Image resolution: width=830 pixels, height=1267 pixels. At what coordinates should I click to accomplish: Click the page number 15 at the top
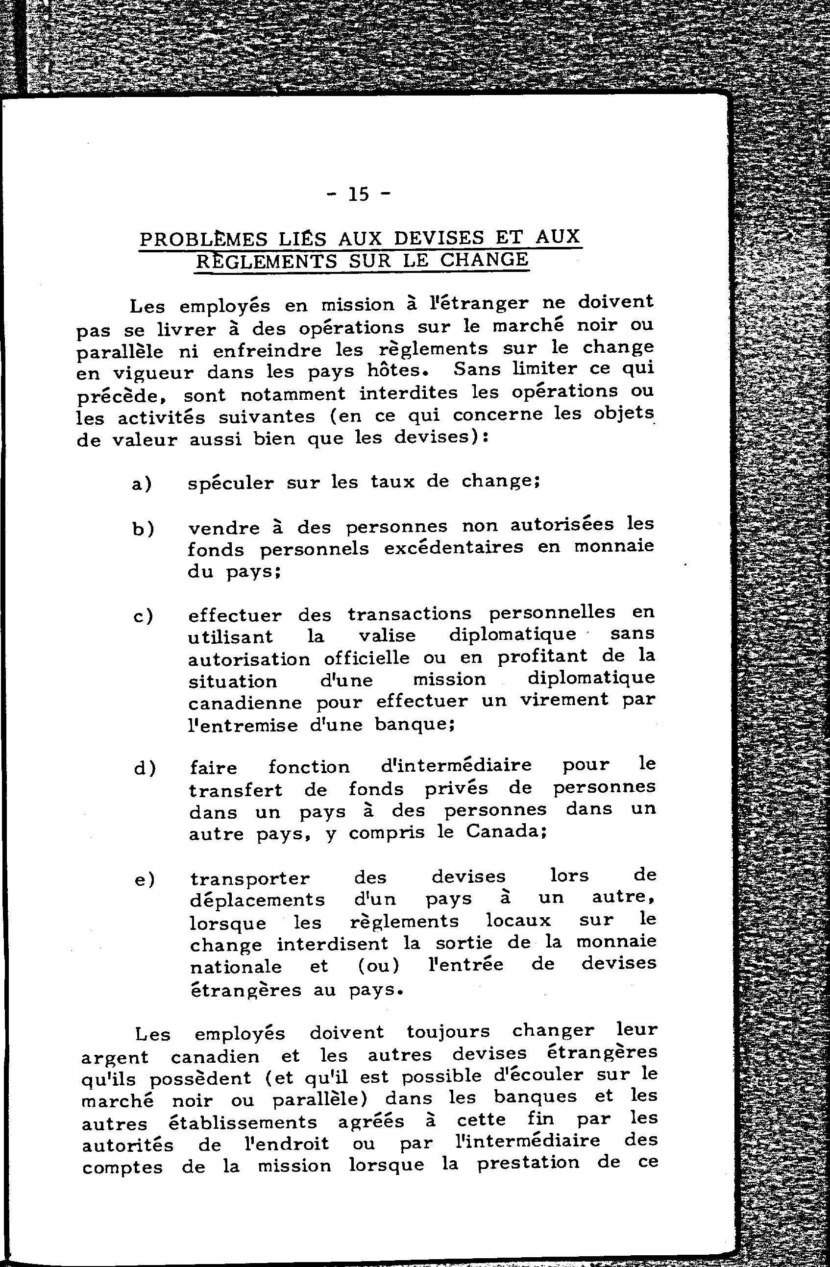point(358,195)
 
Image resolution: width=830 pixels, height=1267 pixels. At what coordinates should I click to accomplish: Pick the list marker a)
point(142,484)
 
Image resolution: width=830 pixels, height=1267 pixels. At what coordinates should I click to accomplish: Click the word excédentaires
point(454,548)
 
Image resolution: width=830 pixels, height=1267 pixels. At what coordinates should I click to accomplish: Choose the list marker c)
point(143,616)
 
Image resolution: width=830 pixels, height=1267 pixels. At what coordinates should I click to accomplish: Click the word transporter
point(250,879)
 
